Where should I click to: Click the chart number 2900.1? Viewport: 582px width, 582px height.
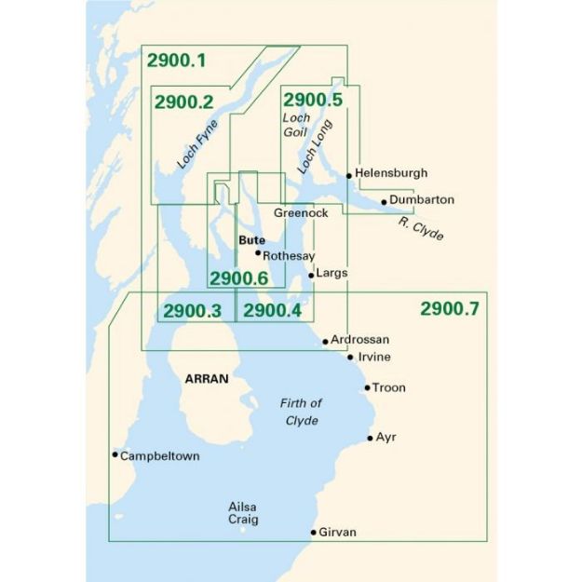pos(176,61)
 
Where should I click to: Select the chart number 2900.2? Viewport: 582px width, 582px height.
pos(184,102)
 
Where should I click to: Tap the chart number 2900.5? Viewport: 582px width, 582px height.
pos(313,100)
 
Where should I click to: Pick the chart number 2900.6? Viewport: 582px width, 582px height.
pos(238,278)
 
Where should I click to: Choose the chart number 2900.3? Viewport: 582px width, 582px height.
pos(192,311)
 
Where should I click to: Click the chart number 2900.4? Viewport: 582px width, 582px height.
pos(272,311)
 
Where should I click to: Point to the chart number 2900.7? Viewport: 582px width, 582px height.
pos(449,309)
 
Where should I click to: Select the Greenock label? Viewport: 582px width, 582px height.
pos(301,213)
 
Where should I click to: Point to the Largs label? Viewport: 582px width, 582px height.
pos(332,274)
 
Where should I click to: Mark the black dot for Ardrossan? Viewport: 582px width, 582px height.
pos(325,341)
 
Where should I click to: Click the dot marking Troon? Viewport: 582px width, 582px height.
pos(367,387)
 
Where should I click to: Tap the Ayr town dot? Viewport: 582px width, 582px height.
pos(370,437)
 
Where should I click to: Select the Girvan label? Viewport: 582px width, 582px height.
pos(337,533)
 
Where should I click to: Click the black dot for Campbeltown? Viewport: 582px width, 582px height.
pos(115,454)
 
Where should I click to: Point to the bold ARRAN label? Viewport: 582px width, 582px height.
pos(208,380)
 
